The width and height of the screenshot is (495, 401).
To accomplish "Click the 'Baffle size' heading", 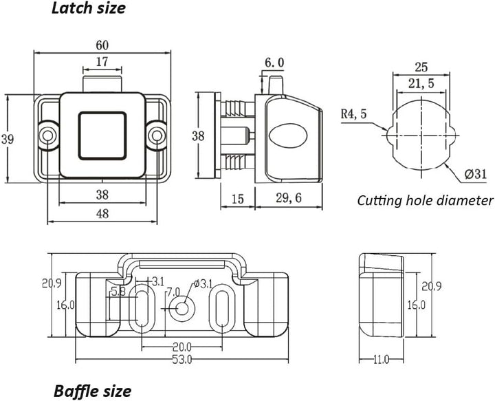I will point(92,391).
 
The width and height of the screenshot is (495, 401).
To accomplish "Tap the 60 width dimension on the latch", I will point(102,45).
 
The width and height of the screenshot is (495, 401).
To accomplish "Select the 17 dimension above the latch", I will point(101,62).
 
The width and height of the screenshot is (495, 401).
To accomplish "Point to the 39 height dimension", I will point(7,139).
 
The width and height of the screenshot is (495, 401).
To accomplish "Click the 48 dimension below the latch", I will point(102,214).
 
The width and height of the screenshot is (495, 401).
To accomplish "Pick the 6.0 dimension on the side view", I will point(274,63).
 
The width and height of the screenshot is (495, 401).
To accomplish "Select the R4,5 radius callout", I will point(354,115).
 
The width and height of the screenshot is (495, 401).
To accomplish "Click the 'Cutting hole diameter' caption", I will point(425,201).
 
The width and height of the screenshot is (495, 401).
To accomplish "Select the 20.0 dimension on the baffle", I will point(181,347).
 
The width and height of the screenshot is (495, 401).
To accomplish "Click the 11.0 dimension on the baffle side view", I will point(382,359).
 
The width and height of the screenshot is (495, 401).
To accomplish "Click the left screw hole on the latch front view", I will point(47,136).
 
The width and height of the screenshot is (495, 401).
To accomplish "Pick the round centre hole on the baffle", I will point(181,307).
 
